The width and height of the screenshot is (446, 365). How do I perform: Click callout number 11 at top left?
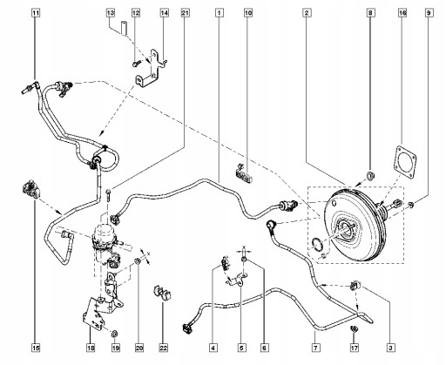[x=36, y=13]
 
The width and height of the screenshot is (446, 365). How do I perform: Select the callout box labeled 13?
[x=111, y=13]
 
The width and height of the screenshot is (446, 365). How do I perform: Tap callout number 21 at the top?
[x=185, y=13]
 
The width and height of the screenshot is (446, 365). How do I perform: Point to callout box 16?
[x=402, y=13]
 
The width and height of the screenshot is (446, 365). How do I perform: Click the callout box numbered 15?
[x=36, y=348]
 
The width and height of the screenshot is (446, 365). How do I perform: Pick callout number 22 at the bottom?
[x=164, y=348]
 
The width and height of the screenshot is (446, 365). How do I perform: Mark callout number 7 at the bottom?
[x=315, y=348]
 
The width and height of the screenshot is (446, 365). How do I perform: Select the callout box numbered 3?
[x=390, y=348]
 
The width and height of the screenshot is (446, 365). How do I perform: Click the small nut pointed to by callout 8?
[x=370, y=175]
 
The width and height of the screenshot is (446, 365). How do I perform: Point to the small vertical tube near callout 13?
[x=124, y=28]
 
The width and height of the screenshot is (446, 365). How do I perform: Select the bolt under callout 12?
[x=137, y=63]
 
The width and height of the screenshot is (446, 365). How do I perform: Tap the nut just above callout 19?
[x=115, y=334]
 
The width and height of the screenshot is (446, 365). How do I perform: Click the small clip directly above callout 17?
[x=355, y=328]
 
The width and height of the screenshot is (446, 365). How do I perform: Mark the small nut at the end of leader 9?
[x=411, y=205]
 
